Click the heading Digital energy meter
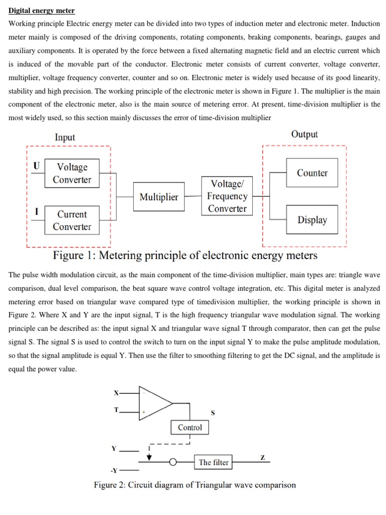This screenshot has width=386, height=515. [42, 11]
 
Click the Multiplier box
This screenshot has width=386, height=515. [159, 197]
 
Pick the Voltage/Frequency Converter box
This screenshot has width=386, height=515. [227, 196]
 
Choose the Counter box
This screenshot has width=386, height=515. [312, 173]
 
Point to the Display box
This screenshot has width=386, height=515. [312, 220]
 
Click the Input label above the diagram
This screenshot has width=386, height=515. [65, 137]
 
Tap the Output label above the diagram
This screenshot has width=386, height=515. [304, 134]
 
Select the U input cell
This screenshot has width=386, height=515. [36, 166]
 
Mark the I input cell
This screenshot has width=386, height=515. [36, 212]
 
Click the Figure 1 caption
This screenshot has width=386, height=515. [185, 256]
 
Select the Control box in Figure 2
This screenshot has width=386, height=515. [190, 427]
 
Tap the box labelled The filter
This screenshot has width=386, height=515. [214, 463]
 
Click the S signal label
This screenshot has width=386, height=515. [213, 413]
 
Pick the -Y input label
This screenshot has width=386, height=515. [114, 471]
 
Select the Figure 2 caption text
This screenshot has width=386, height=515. [195, 485]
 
